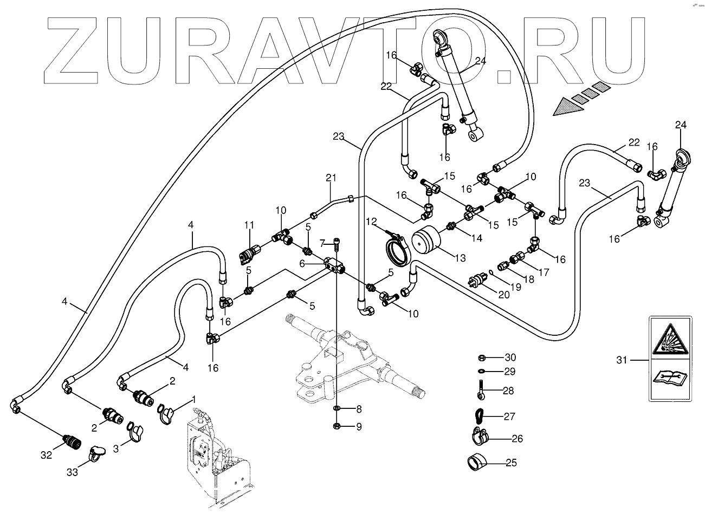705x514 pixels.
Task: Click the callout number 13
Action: pyautogui.click(x=460, y=258)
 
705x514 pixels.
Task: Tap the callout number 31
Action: pyautogui.click(x=623, y=359)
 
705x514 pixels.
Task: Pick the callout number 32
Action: pyautogui.click(x=46, y=455)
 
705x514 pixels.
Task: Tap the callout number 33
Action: pyautogui.click(x=73, y=472)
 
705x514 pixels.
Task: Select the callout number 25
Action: pyautogui.click(x=510, y=463)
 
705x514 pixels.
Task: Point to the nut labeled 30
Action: pyautogui.click(x=481, y=357)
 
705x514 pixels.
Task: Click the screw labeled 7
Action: pyautogui.click(x=337, y=245)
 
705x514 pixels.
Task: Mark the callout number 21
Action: pyautogui.click(x=331, y=178)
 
